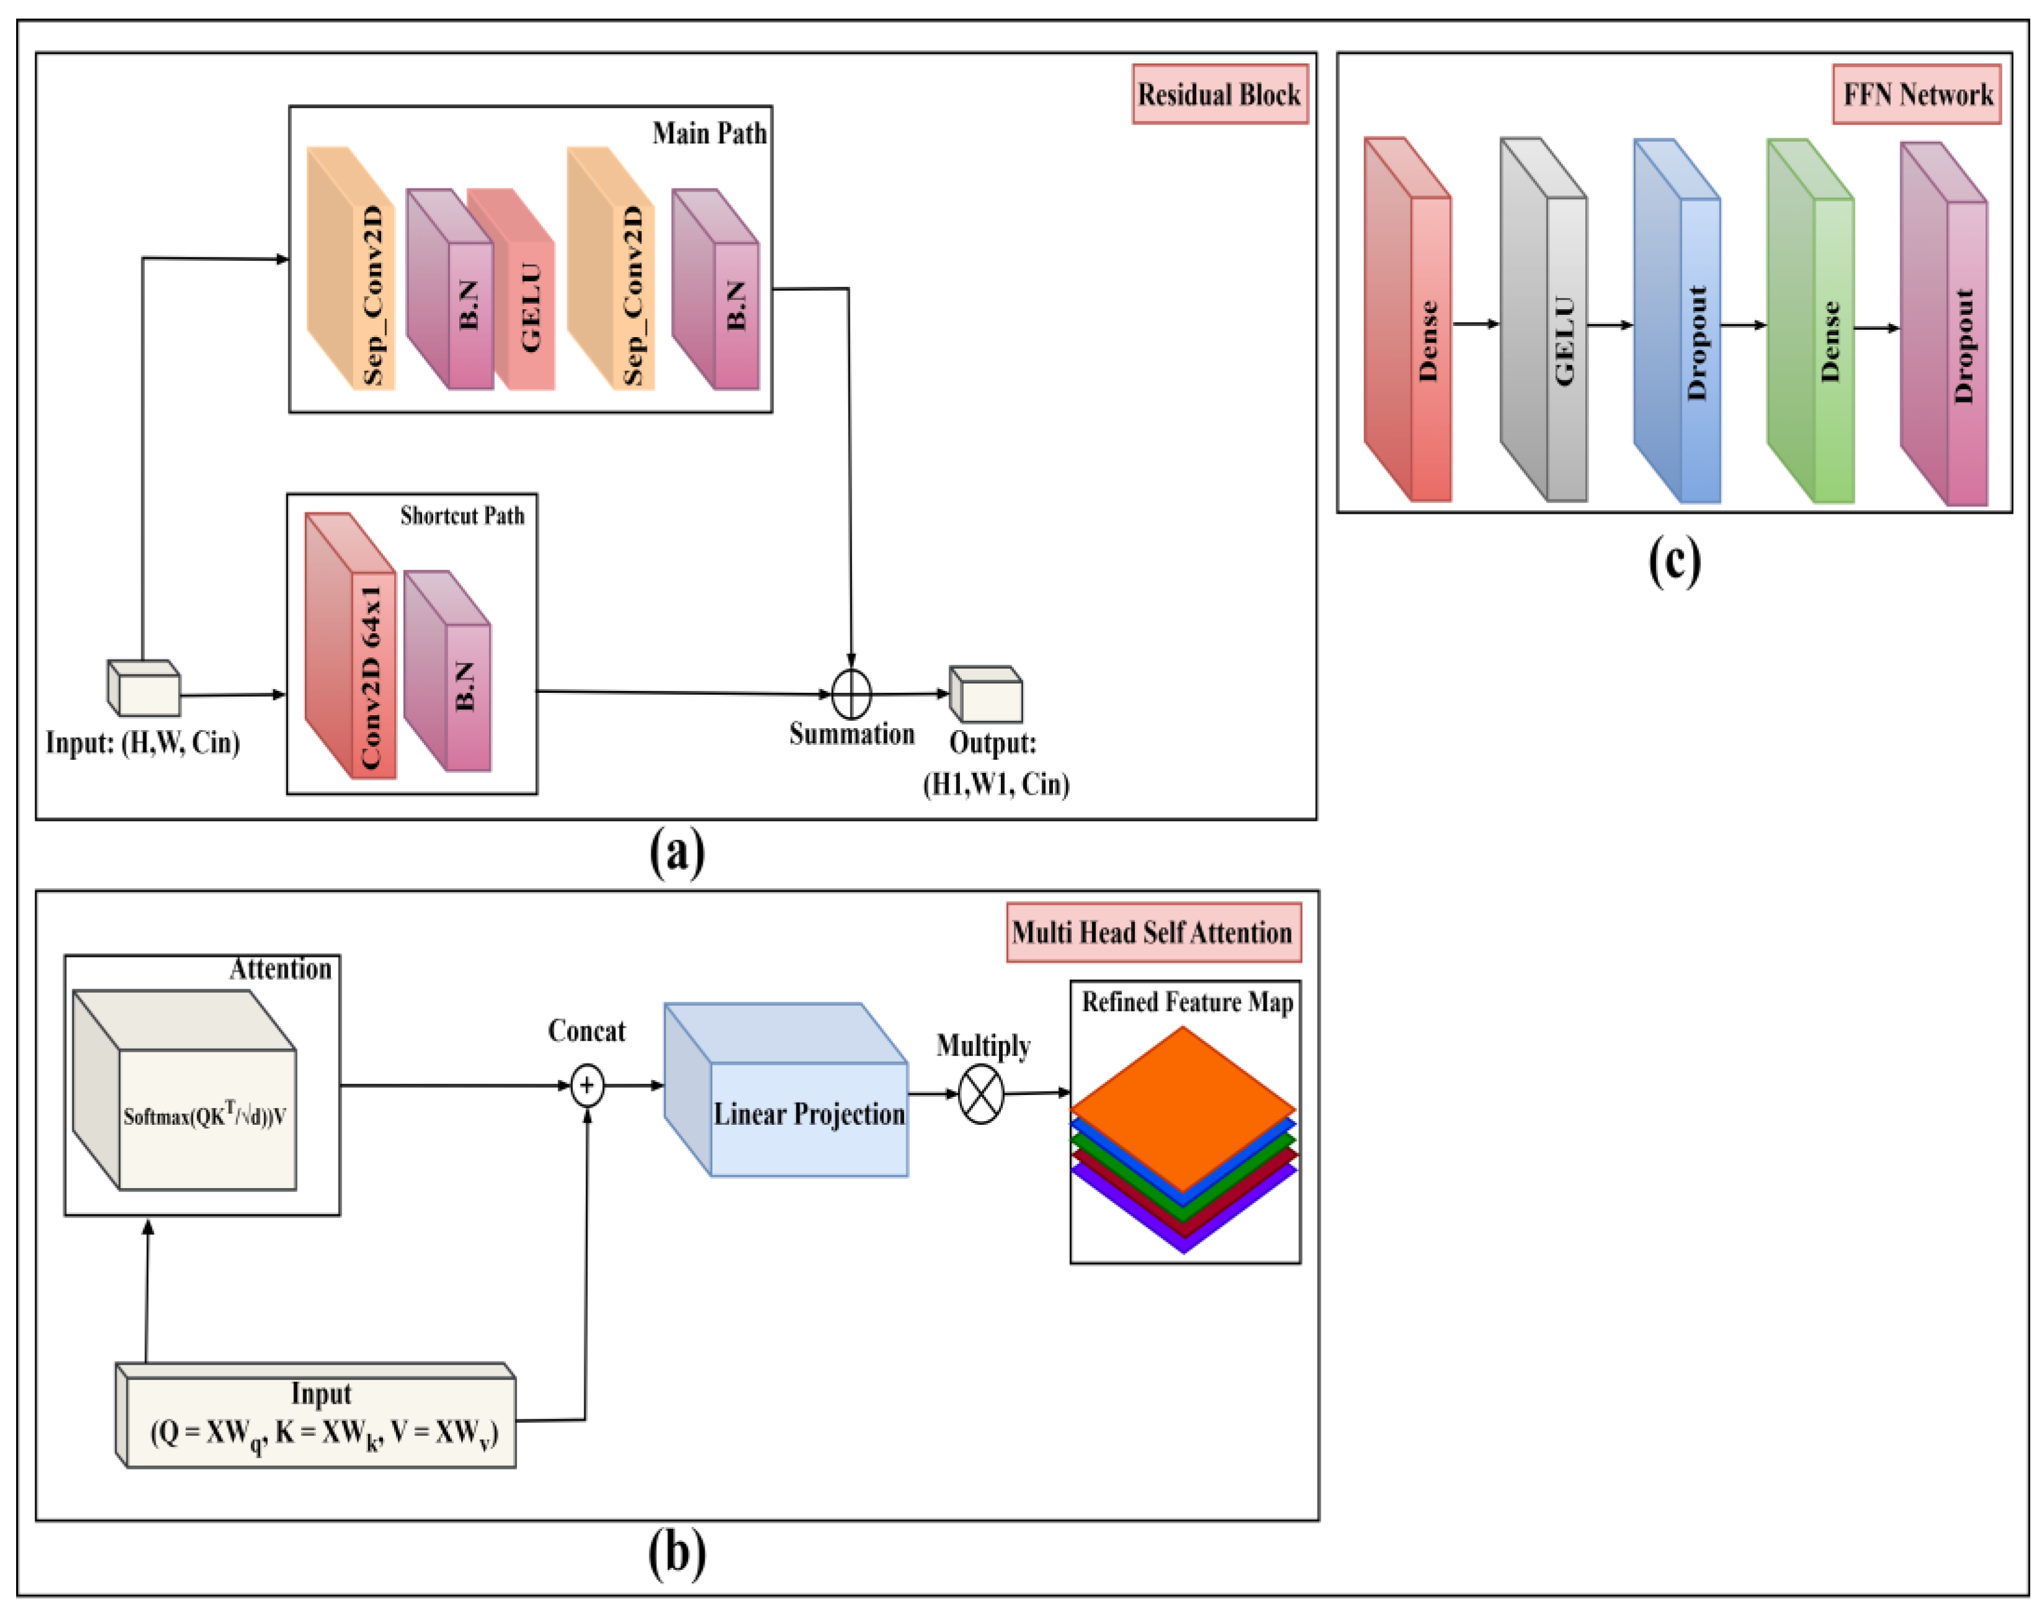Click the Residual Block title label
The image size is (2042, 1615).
coord(1220,95)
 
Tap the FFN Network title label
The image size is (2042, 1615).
coord(1916,95)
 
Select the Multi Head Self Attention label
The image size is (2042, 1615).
coord(1153,932)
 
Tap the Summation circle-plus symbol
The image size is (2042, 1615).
coord(851,694)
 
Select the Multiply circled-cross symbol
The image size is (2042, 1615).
coord(981,1094)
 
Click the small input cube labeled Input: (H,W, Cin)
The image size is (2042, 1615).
coord(144,689)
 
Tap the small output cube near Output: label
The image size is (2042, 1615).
coord(986,695)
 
